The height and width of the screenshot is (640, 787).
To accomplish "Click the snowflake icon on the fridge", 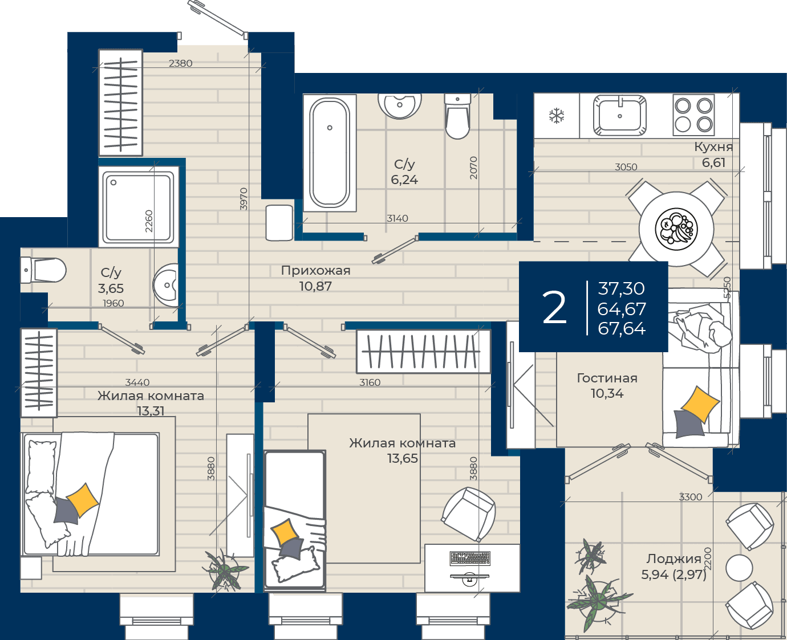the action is tap(557, 116).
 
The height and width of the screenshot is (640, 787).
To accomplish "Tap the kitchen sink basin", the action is tap(620, 116).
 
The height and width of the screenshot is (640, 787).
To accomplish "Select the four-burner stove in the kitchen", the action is tap(693, 116).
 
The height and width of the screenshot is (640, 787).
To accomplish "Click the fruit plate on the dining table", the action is tap(676, 229).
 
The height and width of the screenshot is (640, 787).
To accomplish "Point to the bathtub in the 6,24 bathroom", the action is tap(330, 153).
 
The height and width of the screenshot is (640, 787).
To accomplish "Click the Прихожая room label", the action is tap(315, 271).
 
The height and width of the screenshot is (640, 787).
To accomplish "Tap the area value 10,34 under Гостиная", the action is tap(607, 393).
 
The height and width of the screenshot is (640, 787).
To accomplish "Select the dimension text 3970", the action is tap(244, 199).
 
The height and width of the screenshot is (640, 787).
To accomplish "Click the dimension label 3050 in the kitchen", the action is tap(626, 167).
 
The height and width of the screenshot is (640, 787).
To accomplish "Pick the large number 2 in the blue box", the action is tap(554, 307).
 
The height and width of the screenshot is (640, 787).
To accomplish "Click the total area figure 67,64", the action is tap(622, 328).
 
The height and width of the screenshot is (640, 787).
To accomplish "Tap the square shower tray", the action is tap(139, 207).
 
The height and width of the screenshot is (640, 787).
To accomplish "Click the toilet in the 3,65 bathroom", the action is tap(43, 270).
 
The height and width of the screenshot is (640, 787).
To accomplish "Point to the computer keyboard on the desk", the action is tap(470, 559).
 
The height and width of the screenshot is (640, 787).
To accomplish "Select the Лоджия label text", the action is tap(674, 559).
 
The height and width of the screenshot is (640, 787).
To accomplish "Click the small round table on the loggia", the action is tap(739, 568).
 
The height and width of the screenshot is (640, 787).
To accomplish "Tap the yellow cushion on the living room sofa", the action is tap(700, 405).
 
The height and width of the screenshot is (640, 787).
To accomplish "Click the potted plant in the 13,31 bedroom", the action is tap(224, 570).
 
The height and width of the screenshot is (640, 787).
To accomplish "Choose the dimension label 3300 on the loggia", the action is tap(691, 497).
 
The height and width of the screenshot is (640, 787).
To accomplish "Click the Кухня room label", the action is tap(713, 147).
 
